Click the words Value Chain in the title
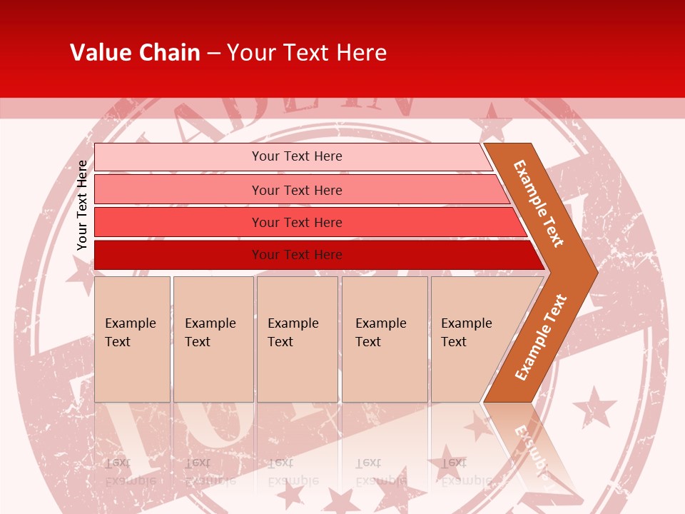tap(135, 53)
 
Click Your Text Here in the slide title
tap(306, 53)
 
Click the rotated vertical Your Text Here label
tap(82, 205)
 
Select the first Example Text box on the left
tap(132, 339)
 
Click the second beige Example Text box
tap(213, 339)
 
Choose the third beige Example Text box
tap(297, 339)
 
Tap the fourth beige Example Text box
tap(384, 339)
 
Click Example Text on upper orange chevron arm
tap(539, 203)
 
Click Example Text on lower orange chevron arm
tap(541, 337)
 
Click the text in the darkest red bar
tap(297, 255)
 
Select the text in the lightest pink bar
tap(297, 156)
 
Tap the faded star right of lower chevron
tap(596, 407)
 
